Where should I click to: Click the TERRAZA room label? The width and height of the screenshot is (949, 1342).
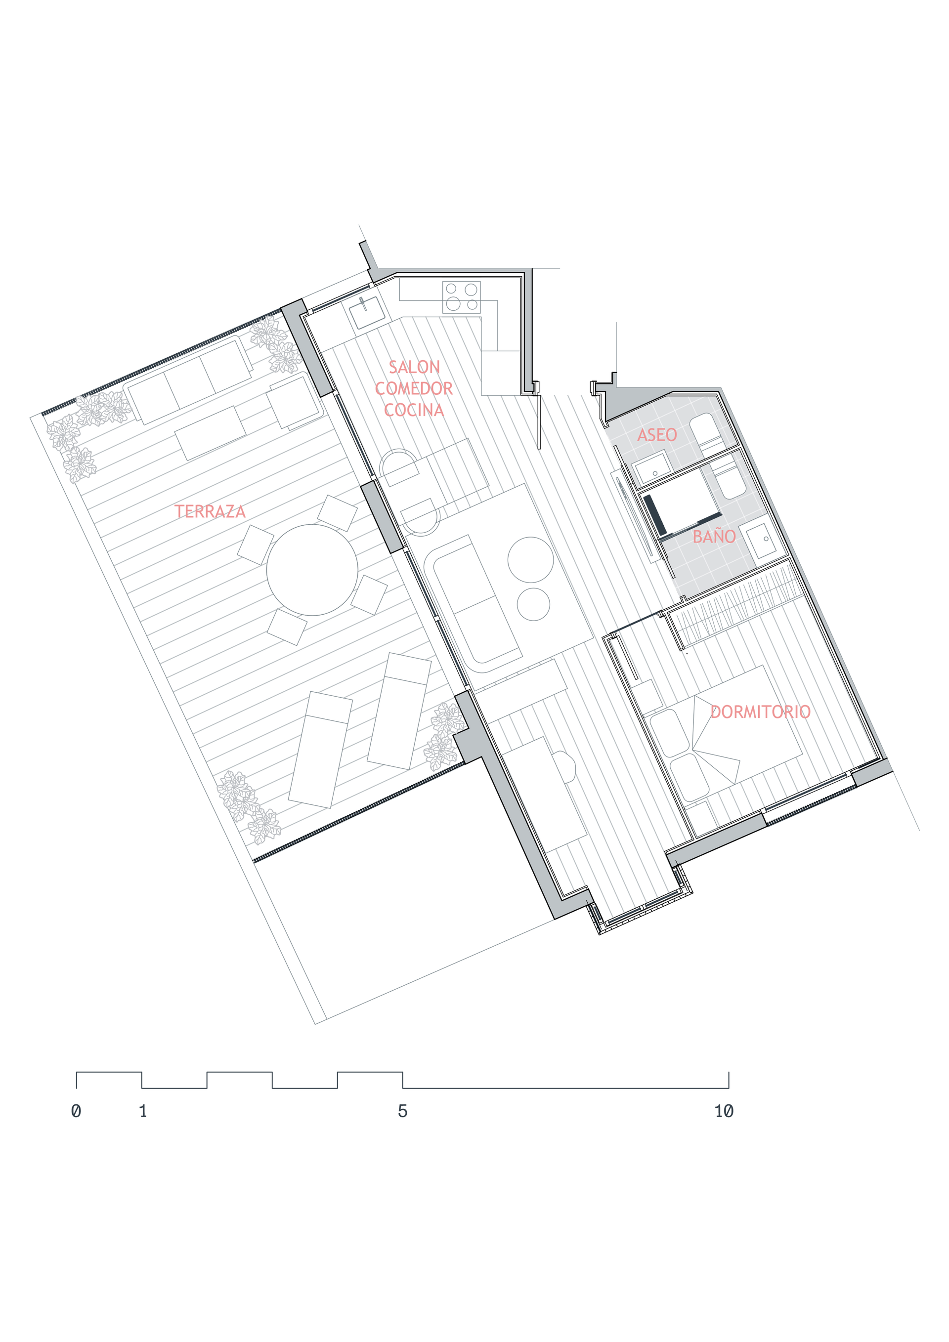(210, 511)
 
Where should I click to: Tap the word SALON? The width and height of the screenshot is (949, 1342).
(414, 367)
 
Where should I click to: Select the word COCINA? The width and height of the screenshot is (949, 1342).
(414, 410)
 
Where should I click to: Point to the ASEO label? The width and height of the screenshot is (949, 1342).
(657, 435)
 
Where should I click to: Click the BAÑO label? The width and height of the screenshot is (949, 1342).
(714, 536)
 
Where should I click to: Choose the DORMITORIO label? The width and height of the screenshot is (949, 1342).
(761, 712)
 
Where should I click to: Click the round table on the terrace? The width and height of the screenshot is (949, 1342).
(312, 570)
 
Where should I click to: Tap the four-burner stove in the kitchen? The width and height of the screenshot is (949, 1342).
(461, 296)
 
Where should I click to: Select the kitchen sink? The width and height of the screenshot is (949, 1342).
(368, 313)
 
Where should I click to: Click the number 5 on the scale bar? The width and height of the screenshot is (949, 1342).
(402, 1111)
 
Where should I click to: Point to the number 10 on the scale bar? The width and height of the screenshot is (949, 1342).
(724, 1111)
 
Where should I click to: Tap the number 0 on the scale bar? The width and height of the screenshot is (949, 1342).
(76, 1111)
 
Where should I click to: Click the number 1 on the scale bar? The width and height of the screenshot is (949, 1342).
(143, 1111)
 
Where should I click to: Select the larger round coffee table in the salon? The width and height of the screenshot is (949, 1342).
(530, 559)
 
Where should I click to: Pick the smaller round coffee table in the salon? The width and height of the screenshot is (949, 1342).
(533, 604)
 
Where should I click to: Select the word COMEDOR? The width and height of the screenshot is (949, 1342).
(414, 389)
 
